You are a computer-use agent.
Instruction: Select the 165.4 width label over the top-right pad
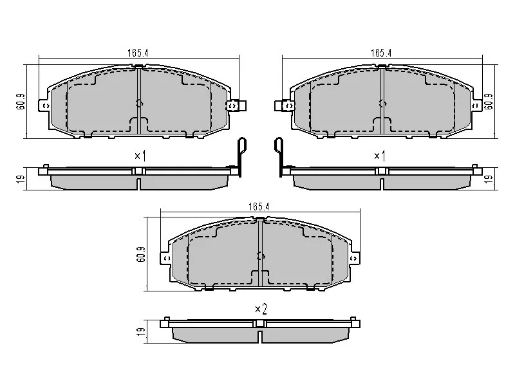coord(381,53)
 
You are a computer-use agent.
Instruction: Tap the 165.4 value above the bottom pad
coord(257,207)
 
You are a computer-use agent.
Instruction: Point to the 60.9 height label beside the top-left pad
coord(19,102)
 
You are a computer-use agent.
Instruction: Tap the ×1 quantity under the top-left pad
coord(140,156)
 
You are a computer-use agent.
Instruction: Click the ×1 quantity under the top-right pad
coord(380,156)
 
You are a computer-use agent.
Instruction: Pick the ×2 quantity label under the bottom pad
coord(260,309)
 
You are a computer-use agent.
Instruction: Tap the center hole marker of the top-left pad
coord(140,103)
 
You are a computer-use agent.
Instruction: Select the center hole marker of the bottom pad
coord(260,255)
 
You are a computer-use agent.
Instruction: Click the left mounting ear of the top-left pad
coord(44,105)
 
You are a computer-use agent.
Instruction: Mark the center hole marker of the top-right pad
coord(382,103)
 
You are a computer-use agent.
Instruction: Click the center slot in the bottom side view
coord(259,336)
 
